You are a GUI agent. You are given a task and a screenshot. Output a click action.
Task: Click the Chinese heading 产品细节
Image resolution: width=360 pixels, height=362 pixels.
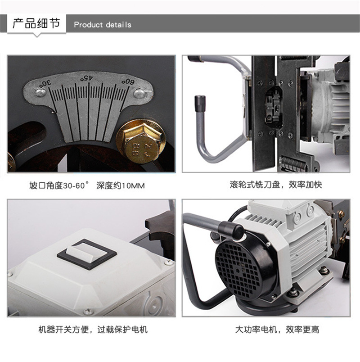click(36, 23)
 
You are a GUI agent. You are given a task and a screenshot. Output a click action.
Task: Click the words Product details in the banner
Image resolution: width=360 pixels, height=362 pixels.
click(103, 25)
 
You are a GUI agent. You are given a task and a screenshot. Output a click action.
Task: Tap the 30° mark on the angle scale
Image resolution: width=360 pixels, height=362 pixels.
click(45, 83)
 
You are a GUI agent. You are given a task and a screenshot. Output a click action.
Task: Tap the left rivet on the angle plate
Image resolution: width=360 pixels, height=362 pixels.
click(40, 93)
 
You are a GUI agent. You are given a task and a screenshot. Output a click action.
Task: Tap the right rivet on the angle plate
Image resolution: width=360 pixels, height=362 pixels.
click(139, 93)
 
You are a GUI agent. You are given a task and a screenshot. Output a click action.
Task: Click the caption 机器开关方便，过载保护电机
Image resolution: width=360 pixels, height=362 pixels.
click(93, 330)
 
